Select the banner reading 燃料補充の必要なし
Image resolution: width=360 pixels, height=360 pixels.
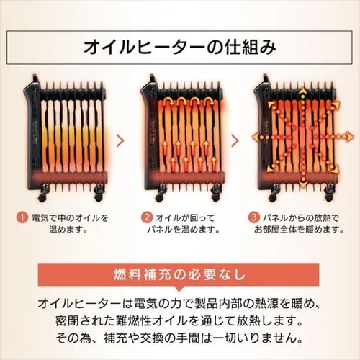(180, 275)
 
